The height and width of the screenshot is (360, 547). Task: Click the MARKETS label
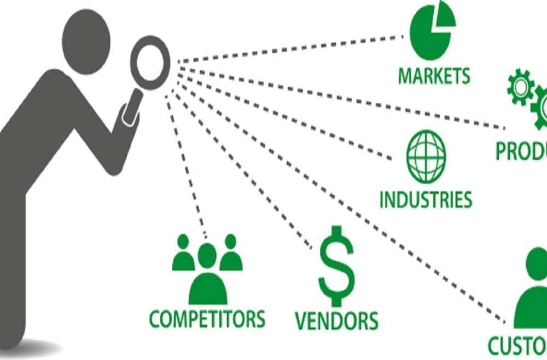[x=434, y=76]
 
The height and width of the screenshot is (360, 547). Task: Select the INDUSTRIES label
[x=426, y=199]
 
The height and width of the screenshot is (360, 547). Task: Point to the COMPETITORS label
[x=207, y=318]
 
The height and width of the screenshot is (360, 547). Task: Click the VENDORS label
[x=336, y=320]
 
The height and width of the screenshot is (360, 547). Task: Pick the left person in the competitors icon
[x=183, y=253]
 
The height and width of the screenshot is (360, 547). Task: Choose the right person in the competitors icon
[x=231, y=253]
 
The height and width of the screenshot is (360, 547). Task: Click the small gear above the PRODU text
[x=520, y=88]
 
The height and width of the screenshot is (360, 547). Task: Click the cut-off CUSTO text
[x=517, y=345]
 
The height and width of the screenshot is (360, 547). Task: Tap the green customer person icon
[x=533, y=290]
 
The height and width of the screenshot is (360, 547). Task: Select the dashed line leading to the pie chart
[x=290, y=49]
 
